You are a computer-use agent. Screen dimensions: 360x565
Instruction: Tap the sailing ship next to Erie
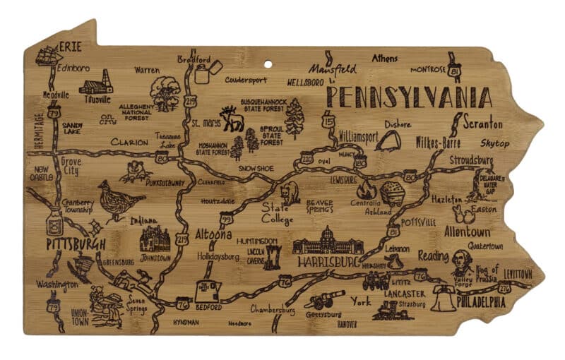47,55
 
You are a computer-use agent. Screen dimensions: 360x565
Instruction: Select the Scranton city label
483,124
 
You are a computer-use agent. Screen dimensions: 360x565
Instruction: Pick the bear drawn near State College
290,192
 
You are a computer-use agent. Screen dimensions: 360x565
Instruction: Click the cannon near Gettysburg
322,300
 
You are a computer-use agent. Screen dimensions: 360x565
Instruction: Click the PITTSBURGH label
76,244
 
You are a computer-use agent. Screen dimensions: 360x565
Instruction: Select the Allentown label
467,232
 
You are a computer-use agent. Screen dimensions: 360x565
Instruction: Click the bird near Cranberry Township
117,200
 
